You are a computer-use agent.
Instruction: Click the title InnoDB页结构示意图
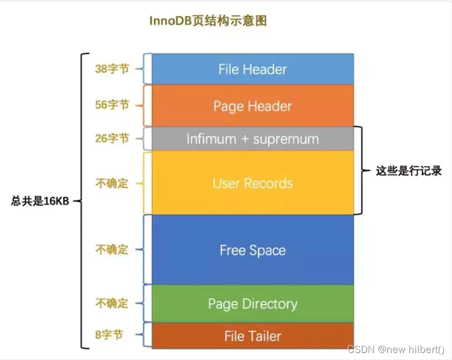(x=207, y=21)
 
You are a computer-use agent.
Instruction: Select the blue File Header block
(x=252, y=69)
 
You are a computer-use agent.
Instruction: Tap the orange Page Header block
(x=252, y=106)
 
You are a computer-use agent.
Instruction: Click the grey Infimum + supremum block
(x=252, y=139)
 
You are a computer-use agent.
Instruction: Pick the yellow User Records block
(x=252, y=183)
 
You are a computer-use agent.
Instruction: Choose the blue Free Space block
(x=252, y=250)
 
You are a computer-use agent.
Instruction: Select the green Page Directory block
(x=252, y=304)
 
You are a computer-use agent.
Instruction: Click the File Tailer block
(x=252, y=336)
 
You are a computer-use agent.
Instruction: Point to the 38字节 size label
(x=112, y=69)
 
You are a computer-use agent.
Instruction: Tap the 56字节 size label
(x=112, y=105)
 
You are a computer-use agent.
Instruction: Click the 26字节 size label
(x=112, y=139)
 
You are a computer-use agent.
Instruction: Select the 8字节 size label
(x=109, y=335)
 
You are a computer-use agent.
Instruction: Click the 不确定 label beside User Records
(x=112, y=183)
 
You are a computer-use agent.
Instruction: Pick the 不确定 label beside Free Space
(x=112, y=250)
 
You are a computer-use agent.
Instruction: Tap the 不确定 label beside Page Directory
(x=112, y=304)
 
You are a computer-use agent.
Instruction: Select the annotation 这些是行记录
(x=408, y=171)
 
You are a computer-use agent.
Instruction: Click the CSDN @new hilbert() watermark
(x=397, y=350)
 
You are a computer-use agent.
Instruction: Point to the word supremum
(x=286, y=139)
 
